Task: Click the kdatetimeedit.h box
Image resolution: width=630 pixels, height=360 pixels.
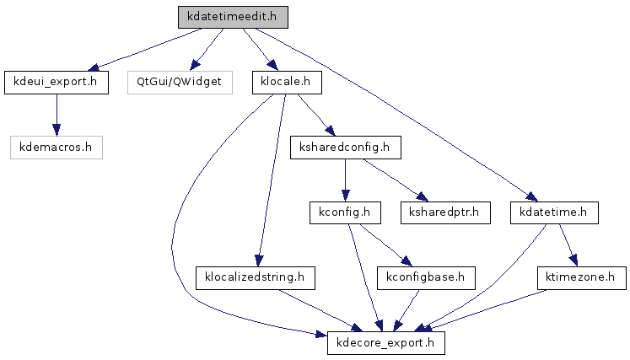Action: click(233, 17)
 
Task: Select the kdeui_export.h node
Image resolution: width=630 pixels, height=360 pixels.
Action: click(57, 83)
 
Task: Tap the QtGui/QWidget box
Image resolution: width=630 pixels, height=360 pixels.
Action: click(180, 83)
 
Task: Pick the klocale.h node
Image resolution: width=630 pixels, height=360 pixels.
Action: click(287, 83)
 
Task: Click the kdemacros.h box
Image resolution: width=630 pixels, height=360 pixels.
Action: click(57, 148)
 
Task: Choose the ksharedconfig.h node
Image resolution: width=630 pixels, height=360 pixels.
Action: click(346, 148)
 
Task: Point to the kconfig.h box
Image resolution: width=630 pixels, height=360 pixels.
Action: click(345, 212)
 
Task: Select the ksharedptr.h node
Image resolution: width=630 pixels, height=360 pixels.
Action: click(445, 212)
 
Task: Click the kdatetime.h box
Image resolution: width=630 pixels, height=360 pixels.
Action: click(554, 212)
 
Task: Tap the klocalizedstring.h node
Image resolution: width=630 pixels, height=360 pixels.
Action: click(256, 277)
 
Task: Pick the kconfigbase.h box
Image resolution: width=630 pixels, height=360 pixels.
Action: click(426, 277)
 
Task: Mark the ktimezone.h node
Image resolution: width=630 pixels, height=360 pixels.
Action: click(581, 277)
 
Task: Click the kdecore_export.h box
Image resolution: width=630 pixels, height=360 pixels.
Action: click(386, 343)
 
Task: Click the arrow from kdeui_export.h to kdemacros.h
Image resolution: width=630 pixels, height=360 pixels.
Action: click(57, 115)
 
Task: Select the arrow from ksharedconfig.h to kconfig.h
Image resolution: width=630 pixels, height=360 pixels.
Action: click(345, 180)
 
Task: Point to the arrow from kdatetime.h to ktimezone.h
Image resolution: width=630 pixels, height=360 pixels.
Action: click(568, 245)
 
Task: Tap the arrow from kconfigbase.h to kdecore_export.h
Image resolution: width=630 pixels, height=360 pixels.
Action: click(407, 310)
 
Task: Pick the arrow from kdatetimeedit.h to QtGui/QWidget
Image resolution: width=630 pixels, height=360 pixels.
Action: click(207, 50)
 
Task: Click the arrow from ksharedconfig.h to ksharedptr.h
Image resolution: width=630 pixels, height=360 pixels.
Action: click(396, 180)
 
